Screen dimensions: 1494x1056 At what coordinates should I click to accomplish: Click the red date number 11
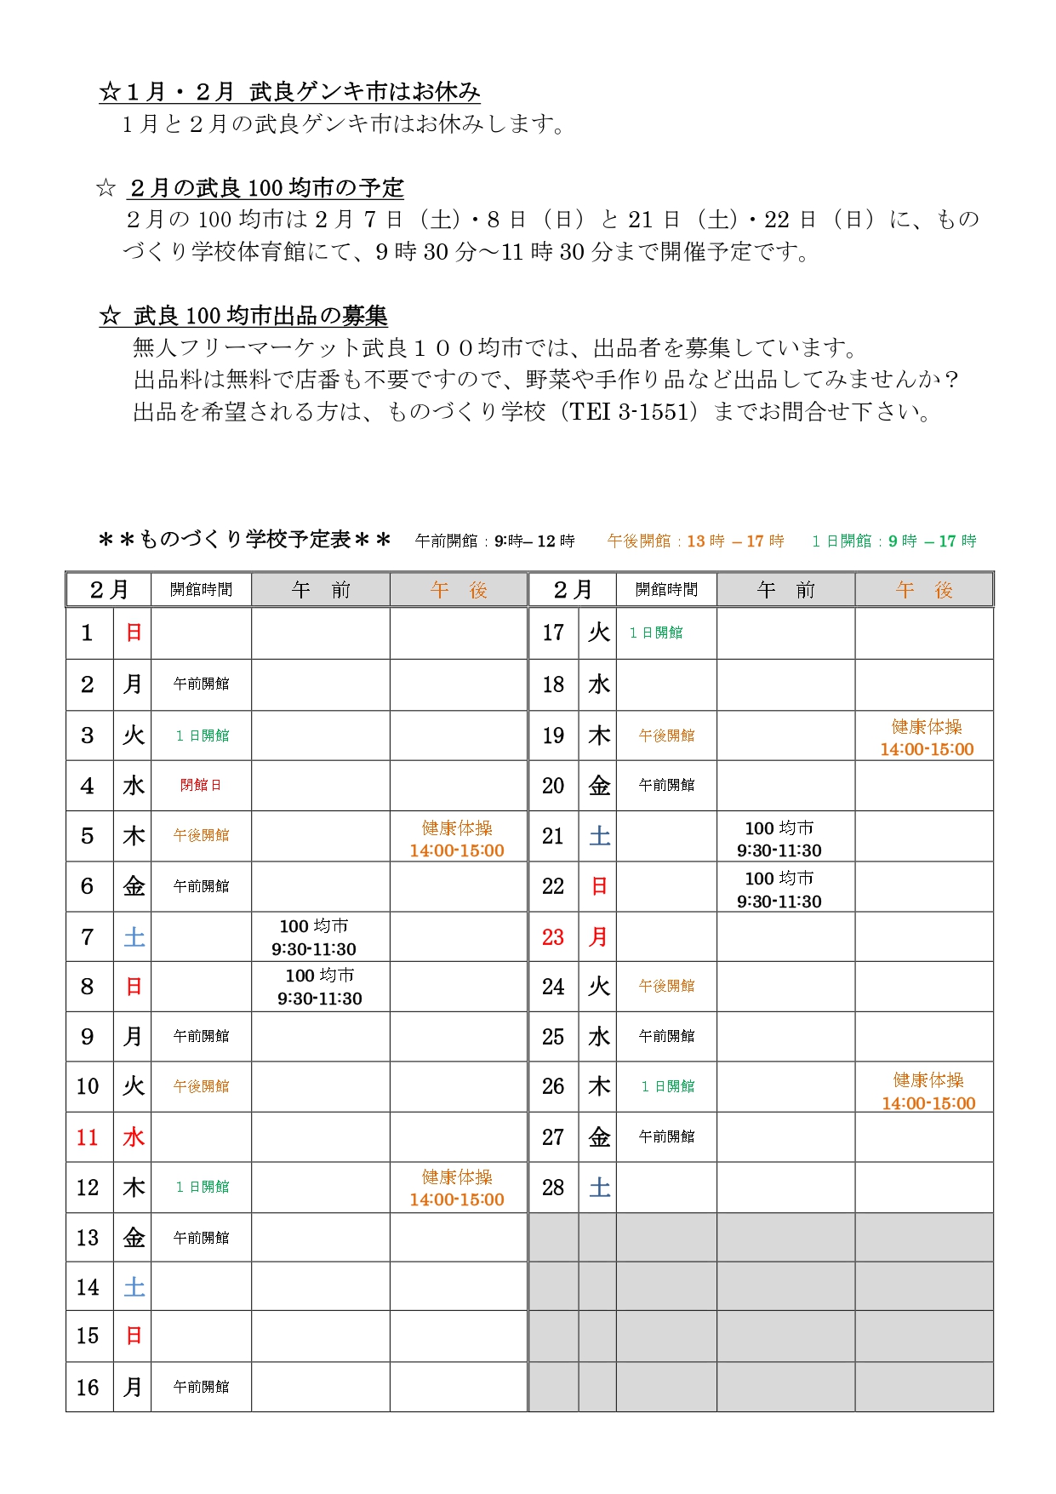(x=88, y=1137)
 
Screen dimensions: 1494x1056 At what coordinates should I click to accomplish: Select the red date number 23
(x=553, y=937)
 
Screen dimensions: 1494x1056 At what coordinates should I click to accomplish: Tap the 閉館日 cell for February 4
(x=201, y=785)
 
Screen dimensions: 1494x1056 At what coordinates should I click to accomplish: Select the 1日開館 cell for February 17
(x=656, y=633)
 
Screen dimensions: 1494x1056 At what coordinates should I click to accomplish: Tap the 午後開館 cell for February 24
(x=666, y=986)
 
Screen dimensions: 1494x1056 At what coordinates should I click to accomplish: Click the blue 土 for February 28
(x=599, y=1188)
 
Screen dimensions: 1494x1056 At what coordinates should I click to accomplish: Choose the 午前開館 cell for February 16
(x=201, y=1387)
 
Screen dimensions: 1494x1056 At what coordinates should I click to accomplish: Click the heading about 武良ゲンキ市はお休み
(x=290, y=92)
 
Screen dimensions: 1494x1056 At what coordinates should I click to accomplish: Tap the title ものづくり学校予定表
(x=245, y=540)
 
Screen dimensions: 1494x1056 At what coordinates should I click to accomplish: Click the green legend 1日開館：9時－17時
(x=893, y=541)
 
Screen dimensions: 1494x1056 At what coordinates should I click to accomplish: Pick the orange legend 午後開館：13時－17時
(x=695, y=541)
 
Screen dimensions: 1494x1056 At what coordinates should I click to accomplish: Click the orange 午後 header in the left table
(x=458, y=590)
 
